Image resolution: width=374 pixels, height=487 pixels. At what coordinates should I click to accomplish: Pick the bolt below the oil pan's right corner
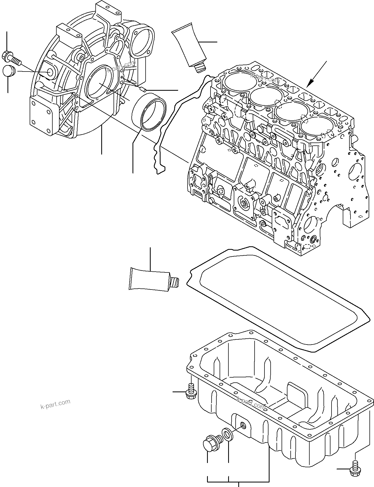coord(354,471)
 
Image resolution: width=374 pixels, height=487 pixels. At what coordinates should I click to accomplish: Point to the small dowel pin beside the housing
coord(142,89)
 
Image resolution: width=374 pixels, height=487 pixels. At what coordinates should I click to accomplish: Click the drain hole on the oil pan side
coord(243,426)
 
